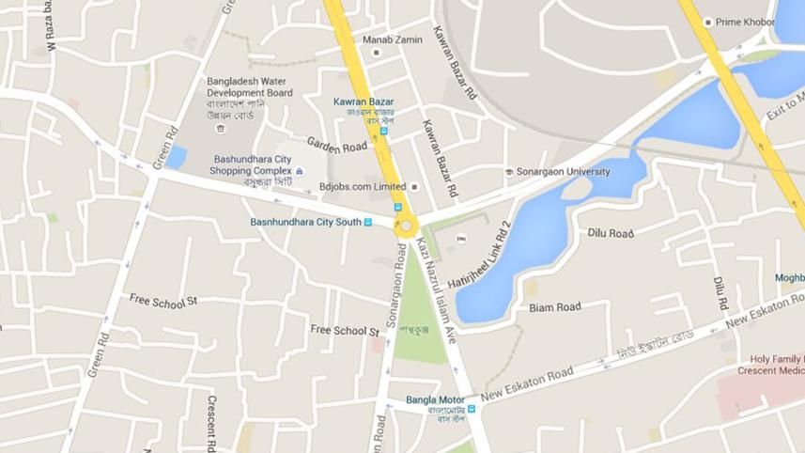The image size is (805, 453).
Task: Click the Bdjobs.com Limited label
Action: point(363,186)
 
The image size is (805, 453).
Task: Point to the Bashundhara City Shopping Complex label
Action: point(253,164)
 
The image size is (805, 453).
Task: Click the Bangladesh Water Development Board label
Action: point(250,87)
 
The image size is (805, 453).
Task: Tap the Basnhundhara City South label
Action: point(305,222)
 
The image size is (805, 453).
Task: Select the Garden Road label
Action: point(336,148)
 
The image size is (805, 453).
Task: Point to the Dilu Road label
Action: point(611,233)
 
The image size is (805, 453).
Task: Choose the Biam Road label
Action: point(554,307)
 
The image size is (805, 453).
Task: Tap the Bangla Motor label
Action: point(435,399)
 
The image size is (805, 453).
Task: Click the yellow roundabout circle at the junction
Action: point(406,226)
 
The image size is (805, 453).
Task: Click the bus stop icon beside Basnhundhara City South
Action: point(368,223)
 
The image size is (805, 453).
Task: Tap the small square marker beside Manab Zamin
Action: point(375,53)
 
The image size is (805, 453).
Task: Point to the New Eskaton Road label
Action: point(526,384)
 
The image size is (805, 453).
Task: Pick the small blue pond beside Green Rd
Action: point(176,156)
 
